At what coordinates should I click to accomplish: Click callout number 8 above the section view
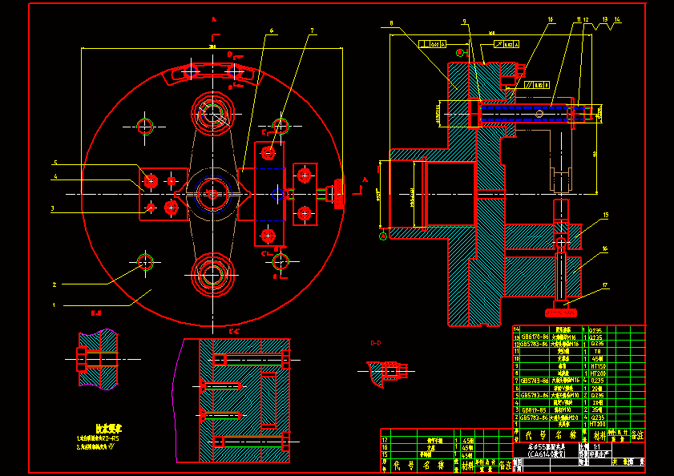(x=391, y=23)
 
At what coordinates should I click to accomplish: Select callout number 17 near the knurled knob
(x=607, y=285)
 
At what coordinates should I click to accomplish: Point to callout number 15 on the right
(x=606, y=215)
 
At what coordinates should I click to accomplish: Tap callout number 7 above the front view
(x=313, y=30)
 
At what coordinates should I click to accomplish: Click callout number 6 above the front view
(x=272, y=30)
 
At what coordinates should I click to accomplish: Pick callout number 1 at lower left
(x=54, y=305)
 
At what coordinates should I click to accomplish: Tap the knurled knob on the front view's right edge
(x=339, y=194)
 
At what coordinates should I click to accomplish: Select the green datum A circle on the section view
(x=383, y=235)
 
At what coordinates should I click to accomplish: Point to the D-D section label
(x=376, y=344)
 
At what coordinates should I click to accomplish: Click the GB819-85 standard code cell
(x=532, y=409)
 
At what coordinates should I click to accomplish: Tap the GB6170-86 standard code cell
(x=534, y=337)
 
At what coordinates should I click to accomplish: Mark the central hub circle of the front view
(x=212, y=193)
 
